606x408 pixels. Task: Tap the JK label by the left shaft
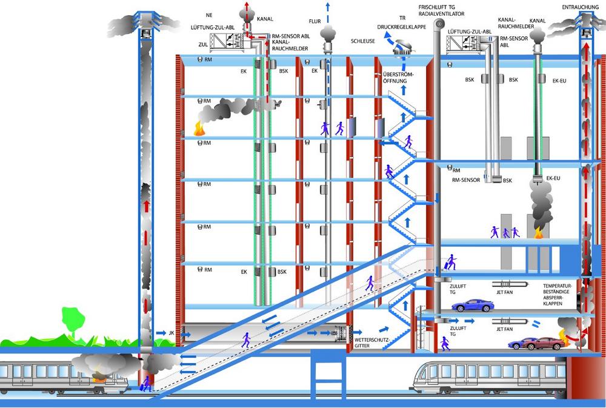170,333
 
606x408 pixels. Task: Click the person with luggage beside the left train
146,383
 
